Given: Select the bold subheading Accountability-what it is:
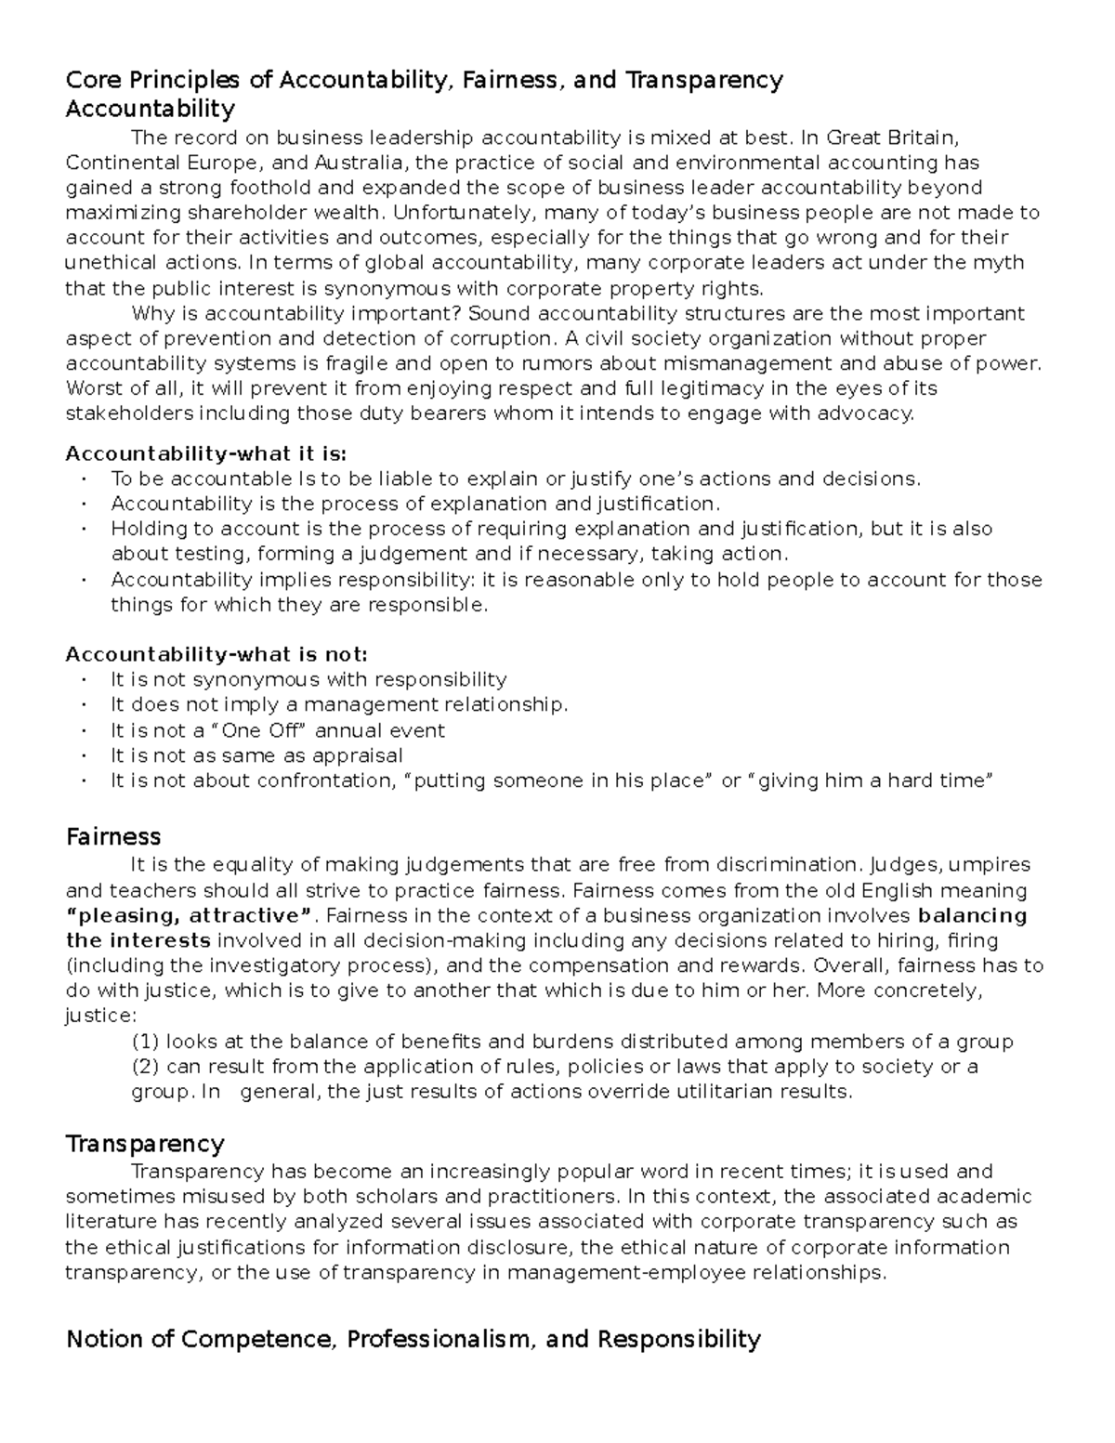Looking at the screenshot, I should click(205, 453).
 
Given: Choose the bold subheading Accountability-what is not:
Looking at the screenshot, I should click(216, 654).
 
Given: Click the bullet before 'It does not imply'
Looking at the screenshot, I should click(84, 705).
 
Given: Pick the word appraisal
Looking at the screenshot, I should click(357, 755).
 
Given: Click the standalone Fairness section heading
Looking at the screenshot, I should click(113, 836).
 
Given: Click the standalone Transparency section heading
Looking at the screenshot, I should click(145, 1143).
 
